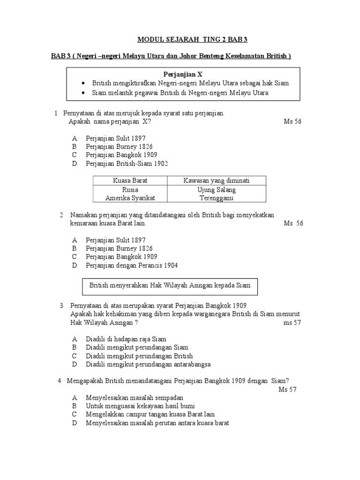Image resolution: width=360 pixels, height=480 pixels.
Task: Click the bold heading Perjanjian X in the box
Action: point(183,74)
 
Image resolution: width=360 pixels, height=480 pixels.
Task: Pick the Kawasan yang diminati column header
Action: point(217,181)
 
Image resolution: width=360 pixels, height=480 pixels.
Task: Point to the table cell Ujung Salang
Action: point(217,190)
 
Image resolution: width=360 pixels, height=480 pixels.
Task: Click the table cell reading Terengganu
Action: point(217,198)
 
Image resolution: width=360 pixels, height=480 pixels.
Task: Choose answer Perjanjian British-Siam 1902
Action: point(127,164)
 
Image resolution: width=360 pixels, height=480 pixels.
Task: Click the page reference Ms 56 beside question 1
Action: point(293,121)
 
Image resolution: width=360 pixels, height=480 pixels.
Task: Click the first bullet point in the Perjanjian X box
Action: point(190,83)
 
